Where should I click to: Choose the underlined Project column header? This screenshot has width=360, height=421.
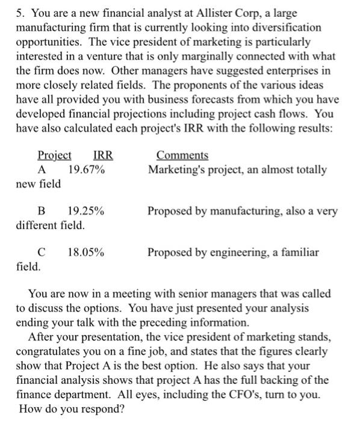coord(54,155)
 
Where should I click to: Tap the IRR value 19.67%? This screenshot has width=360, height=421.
coord(86,170)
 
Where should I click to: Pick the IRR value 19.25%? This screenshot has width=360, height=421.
coord(85,212)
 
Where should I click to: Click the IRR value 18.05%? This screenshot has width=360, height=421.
coord(86,252)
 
